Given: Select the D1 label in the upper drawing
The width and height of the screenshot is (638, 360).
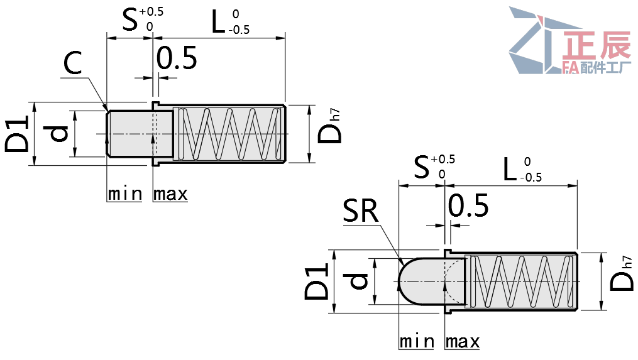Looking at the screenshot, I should coord(17,133).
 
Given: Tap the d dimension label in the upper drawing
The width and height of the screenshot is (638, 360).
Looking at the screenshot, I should coord(58,133).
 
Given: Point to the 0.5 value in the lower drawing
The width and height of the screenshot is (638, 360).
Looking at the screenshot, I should coord(468,205).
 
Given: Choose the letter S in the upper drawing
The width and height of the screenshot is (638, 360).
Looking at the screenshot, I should coord(130,21).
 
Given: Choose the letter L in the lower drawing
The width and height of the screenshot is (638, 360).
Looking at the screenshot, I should coord(511,169).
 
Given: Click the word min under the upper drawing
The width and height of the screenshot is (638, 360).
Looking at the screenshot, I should coord(124,194).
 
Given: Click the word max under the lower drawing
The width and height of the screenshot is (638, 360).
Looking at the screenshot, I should coord(462,342).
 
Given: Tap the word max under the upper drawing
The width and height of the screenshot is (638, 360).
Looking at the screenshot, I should coord(170,194).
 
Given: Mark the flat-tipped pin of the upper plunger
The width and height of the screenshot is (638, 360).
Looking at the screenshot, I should coord(129,133).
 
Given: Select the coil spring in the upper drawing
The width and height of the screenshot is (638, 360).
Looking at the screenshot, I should coord(229,133).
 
